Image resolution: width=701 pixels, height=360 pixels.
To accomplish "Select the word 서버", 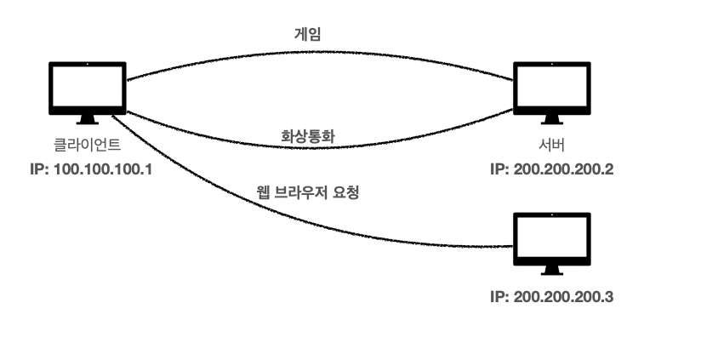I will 552,146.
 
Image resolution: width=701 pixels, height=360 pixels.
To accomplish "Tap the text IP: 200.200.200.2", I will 552,169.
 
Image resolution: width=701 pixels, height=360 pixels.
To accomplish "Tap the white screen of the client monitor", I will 88,83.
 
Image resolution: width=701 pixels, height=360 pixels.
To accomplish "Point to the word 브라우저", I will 308,192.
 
